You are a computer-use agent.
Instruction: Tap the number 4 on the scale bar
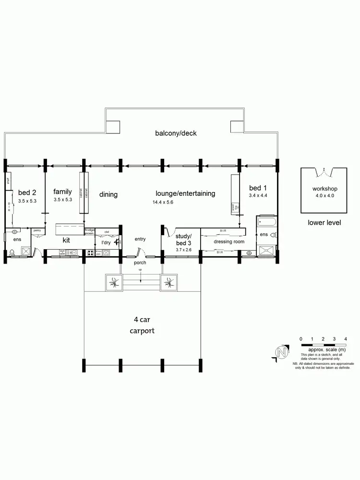point(346,339)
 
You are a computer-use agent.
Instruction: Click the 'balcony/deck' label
point(176,133)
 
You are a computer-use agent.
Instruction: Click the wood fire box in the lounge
point(235,207)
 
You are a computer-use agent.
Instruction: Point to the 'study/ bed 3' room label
point(183,240)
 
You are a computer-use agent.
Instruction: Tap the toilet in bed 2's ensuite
point(12,253)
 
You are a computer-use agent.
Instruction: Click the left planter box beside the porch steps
point(114,282)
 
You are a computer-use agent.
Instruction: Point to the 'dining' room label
point(108,194)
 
